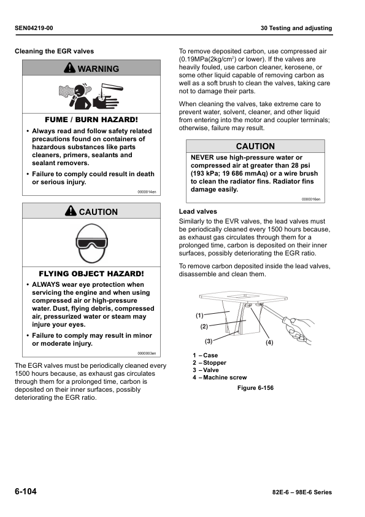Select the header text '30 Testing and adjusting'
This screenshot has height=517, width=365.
(296, 28)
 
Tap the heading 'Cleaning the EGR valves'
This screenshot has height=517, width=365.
(55, 51)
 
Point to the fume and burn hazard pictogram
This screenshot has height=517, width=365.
(91, 95)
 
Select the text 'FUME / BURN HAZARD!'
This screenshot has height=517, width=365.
(91, 119)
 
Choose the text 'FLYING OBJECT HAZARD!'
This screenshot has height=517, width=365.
(91, 273)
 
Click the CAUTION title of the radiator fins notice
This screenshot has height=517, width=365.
(255, 146)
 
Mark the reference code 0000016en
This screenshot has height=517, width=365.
(312, 199)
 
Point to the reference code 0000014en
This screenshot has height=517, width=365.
(147, 192)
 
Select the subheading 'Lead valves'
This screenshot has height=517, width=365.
(193, 211)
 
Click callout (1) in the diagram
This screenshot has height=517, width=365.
(199, 315)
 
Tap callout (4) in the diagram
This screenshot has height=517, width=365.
(269, 342)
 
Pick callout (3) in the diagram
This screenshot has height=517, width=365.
(208, 341)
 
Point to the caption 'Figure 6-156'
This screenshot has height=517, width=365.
(255, 389)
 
